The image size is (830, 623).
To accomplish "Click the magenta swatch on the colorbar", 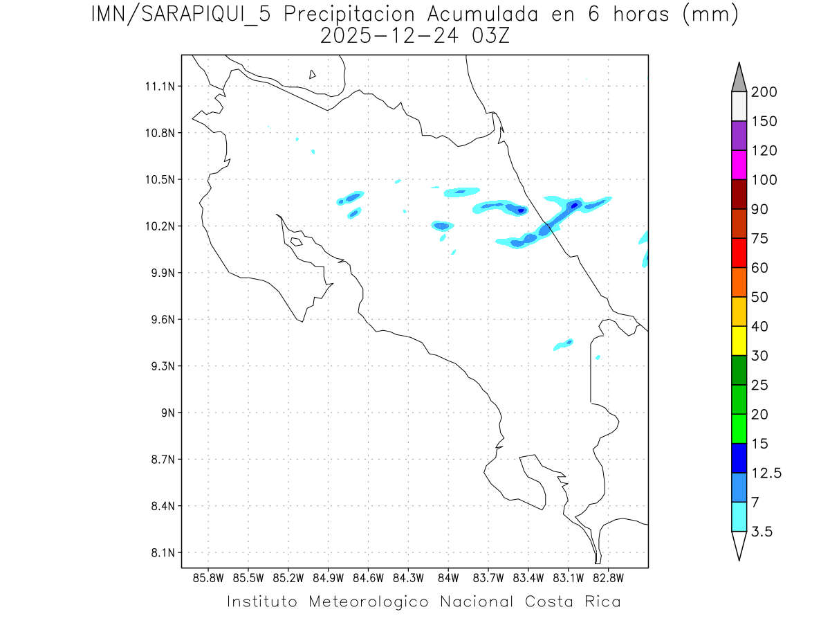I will (739, 165).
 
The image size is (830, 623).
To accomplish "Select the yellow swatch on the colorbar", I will (739, 341).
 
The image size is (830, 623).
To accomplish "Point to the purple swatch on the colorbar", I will (739, 136).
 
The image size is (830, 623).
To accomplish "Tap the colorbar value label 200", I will (764, 92).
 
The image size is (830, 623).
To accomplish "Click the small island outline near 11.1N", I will (313, 74).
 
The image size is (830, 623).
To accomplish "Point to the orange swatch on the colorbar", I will (739, 282).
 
